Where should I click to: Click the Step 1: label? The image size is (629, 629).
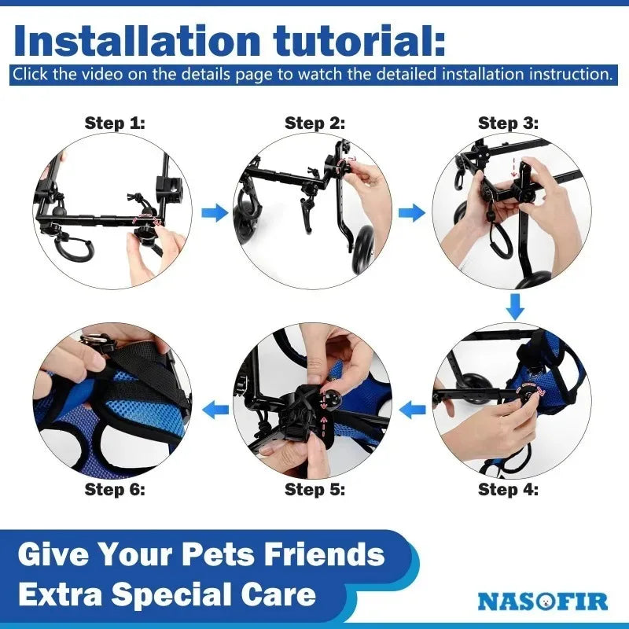tap(115, 123)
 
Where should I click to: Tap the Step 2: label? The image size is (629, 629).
tap(314, 123)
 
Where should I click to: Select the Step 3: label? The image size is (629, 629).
tap(508, 123)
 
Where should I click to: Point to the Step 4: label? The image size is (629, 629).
tap(508, 489)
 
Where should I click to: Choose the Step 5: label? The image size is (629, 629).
tap(314, 489)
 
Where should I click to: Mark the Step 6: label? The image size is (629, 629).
tap(115, 489)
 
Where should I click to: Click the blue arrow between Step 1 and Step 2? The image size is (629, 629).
tap(215, 212)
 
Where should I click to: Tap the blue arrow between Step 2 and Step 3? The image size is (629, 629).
tap(412, 212)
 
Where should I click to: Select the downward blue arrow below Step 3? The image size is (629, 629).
tap(515, 307)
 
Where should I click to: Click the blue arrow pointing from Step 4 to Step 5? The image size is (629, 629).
tap(412, 410)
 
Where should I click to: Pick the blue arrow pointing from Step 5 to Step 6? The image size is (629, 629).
tap(215, 410)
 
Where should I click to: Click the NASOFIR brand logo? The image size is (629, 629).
tap(543, 601)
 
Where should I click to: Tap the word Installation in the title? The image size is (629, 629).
tap(137, 41)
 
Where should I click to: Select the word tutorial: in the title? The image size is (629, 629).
tap(359, 41)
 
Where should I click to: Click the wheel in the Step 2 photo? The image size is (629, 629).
tap(363, 249)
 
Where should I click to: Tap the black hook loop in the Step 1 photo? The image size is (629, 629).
tap(74, 248)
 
